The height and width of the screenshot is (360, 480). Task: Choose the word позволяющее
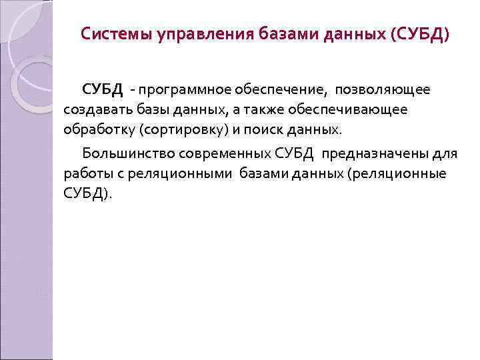pyautogui.click(x=382, y=89)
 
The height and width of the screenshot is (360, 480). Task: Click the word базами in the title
pyautogui.click(x=285, y=33)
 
